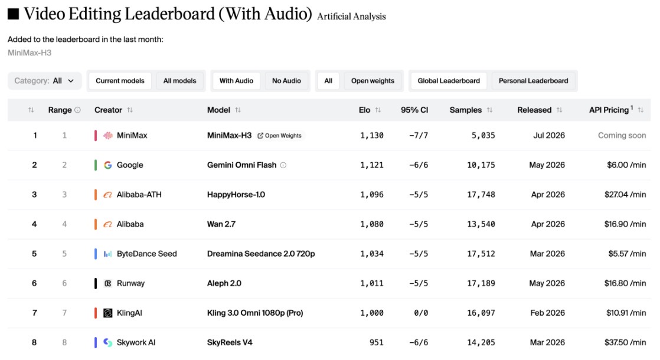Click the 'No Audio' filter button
286,81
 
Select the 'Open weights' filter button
373,81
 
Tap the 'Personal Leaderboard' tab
533,81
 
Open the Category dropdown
45,81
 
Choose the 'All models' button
179,81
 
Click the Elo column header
364,110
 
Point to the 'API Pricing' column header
610,110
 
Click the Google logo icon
108,165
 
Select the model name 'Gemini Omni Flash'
241,165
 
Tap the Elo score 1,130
372,135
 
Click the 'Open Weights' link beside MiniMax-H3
279,135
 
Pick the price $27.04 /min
625,194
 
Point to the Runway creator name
130,283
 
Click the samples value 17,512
481,254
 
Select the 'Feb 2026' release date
548,312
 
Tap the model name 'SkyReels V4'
230,342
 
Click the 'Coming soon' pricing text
622,135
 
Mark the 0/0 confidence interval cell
421,312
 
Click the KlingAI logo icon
108,313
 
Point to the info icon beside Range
77,110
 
